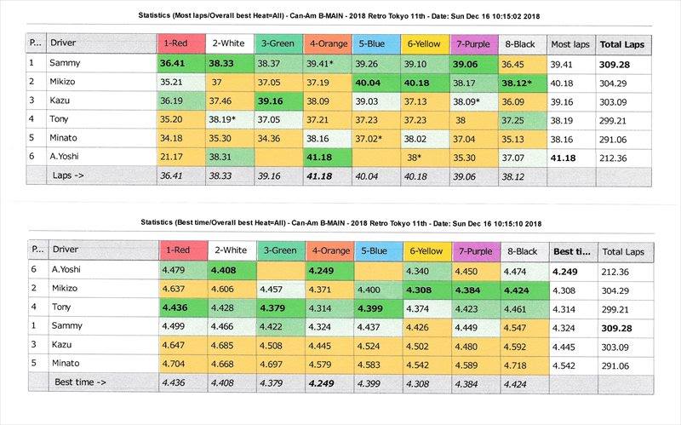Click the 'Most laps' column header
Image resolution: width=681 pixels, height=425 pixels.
571,42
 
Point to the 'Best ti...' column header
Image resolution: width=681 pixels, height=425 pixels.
571,252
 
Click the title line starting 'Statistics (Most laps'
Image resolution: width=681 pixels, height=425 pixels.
340,14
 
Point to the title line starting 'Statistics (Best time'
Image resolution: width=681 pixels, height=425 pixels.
340,224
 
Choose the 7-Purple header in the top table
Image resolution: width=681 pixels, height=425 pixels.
471,42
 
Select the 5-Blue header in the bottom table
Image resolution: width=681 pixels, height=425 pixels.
372,252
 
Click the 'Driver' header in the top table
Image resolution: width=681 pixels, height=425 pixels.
66,42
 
